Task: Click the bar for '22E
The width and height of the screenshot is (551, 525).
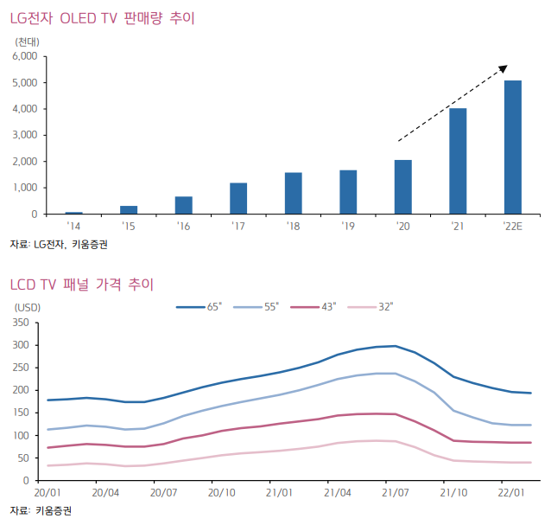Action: click(x=512, y=147)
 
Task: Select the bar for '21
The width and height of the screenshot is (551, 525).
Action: click(x=458, y=161)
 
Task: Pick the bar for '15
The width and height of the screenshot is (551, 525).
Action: click(x=129, y=209)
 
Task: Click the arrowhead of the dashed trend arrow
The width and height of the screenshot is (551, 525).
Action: click(x=504, y=68)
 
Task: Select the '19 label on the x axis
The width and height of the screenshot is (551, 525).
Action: click(x=348, y=227)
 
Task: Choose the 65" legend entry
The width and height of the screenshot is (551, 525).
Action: click(x=199, y=306)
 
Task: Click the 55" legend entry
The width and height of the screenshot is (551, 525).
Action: click(x=256, y=306)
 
